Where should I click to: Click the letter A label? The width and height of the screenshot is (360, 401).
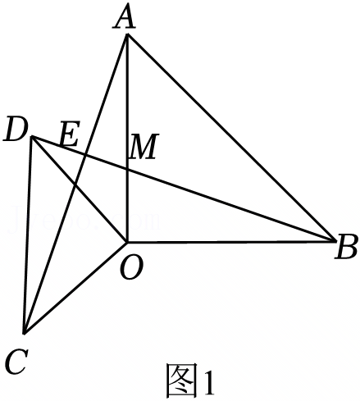pos(125,18)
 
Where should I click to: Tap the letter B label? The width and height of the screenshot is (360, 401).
pos(346,246)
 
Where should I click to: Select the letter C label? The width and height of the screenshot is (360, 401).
pos(17,362)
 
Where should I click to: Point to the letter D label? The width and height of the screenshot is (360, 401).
pos(16,130)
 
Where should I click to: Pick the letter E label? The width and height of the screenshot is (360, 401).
pos(70,133)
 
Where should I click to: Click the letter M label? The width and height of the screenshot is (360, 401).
pos(144,147)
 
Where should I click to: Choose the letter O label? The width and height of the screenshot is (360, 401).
pos(131,268)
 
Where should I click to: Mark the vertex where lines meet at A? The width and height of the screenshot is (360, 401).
pos(127,34)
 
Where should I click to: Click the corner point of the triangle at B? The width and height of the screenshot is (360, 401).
pos(336,240)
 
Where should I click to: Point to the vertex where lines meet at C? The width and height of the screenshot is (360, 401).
pos(25,333)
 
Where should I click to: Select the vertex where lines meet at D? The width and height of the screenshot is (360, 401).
pos(32,136)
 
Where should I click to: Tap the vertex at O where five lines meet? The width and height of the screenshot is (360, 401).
pos(127,242)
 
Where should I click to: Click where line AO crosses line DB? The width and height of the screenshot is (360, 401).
pos(127,170)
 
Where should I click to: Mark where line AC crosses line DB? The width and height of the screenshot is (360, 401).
pos(85,155)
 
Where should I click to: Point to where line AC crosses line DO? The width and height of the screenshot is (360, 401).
pos(75,185)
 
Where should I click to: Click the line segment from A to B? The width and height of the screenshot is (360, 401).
pos(231,137)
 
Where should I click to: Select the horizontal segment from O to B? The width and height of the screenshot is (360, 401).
pos(231,241)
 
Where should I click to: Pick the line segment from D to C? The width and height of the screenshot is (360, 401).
pos(29,235)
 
